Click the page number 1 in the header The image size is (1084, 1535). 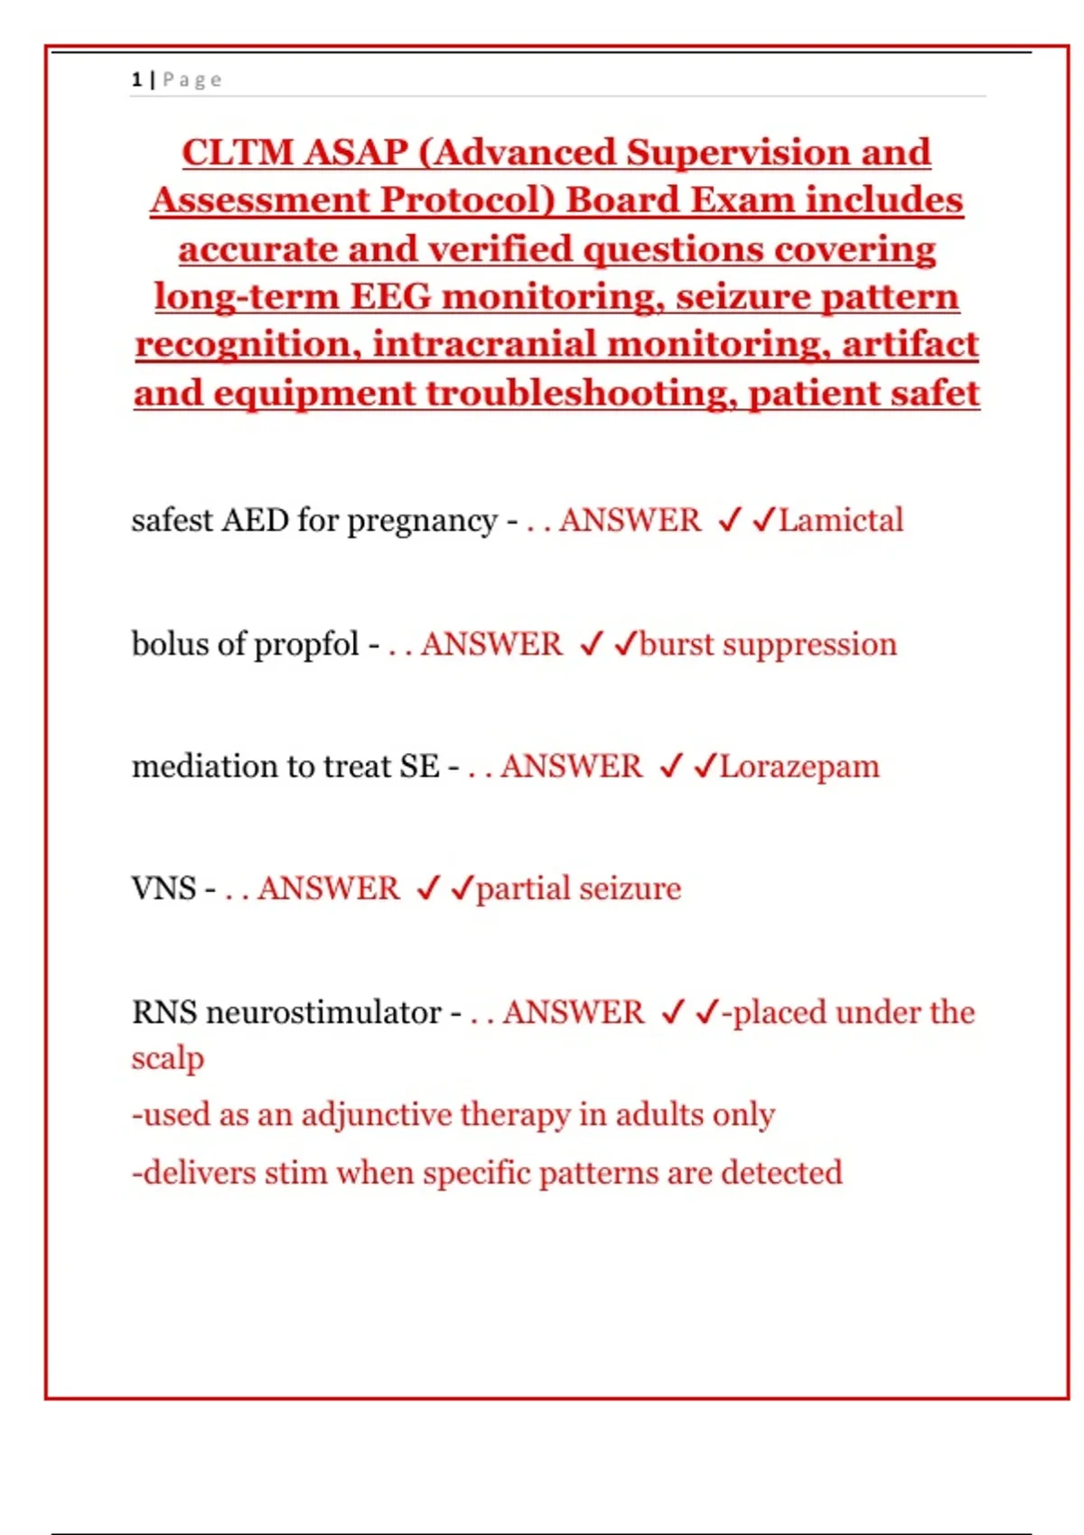point(136,79)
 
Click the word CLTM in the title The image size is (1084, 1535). point(238,152)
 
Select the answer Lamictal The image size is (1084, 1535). point(841,520)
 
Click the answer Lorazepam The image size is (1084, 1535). point(799,767)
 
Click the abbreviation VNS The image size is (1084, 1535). point(164,888)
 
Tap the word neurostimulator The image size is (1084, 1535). point(323,1012)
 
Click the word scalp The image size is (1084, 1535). point(167,1058)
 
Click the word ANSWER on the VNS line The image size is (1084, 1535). point(328,888)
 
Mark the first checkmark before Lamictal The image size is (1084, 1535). point(729,520)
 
